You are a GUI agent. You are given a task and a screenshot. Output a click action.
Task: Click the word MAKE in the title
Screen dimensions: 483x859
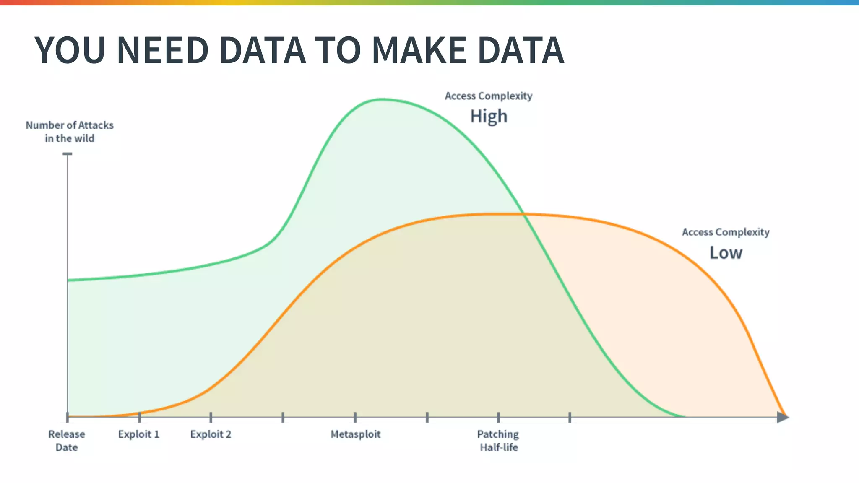click(419, 50)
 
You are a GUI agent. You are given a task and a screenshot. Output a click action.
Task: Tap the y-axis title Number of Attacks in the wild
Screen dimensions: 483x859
click(70, 132)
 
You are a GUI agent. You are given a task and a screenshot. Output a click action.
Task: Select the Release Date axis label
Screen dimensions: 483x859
click(67, 440)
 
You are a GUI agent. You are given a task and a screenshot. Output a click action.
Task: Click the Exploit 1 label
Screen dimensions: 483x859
click(139, 434)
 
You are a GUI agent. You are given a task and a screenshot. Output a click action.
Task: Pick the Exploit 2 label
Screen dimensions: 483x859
click(211, 434)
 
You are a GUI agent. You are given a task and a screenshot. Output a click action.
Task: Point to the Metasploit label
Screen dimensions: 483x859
click(355, 434)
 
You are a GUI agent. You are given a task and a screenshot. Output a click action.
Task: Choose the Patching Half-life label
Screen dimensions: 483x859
click(498, 440)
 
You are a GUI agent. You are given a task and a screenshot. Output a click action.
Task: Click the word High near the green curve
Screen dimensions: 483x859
click(489, 116)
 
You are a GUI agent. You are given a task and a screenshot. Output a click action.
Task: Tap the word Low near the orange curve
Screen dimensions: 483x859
click(726, 253)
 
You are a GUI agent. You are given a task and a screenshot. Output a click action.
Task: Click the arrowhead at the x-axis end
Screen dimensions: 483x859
click(782, 417)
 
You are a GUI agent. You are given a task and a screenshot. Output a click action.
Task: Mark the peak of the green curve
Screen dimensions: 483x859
click(382, 99)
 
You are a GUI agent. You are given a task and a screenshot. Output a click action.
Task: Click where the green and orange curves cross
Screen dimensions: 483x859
click(523, 214)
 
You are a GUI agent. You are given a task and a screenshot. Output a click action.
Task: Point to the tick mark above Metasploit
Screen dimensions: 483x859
click(355, 417)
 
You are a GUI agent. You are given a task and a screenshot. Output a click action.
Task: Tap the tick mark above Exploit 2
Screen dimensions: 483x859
click(211, 417)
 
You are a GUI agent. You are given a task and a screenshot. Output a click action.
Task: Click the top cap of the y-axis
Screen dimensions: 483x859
click(68, 154)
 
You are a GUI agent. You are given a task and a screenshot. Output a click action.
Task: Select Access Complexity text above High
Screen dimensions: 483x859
click(489, 96)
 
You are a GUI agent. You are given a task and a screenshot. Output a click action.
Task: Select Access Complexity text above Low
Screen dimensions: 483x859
click(726, 232)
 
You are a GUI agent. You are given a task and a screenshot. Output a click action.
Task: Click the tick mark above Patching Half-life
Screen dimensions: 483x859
click(498, 417)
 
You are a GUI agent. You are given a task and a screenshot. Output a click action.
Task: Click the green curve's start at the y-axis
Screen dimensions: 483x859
click(68, 280)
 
